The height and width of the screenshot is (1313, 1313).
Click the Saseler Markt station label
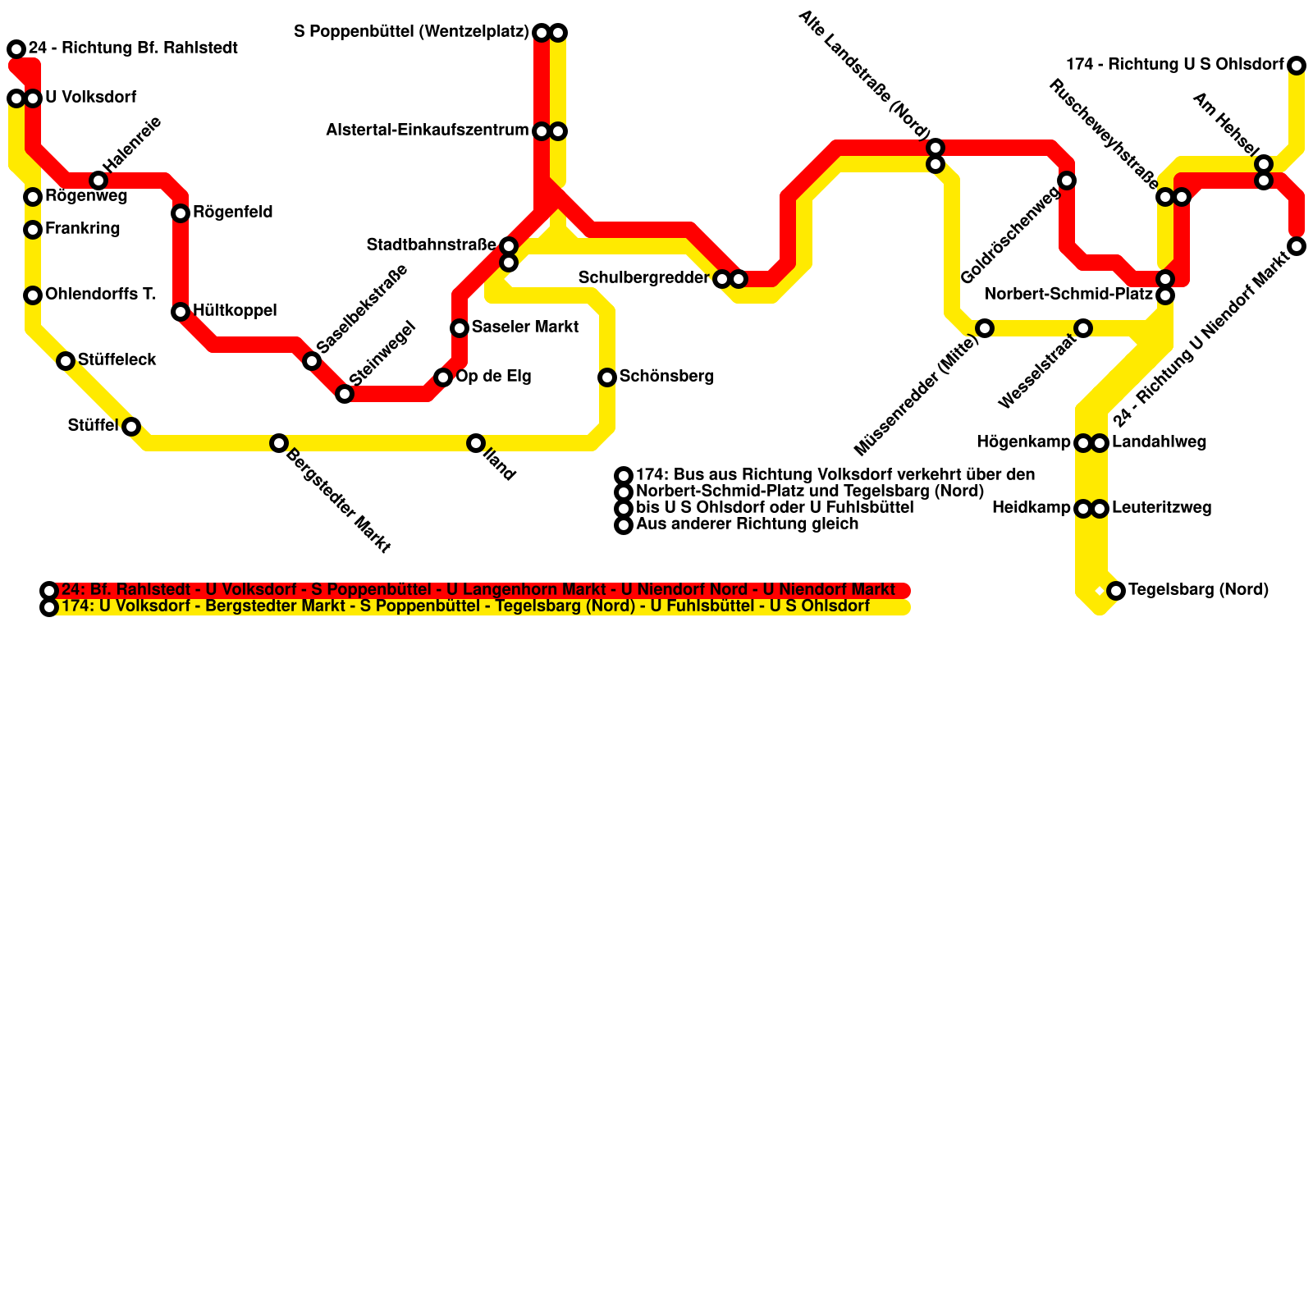click(x=524, y=327)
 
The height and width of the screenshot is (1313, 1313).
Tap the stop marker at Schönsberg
click(x=607, y=377)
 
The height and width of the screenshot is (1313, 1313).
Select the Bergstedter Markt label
click(x=337, y=500)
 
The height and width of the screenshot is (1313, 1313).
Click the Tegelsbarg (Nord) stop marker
click(x=1116, y=591)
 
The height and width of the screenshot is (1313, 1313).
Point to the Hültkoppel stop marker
click(x=181, y=312)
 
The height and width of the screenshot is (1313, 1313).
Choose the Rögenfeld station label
click(x=232, y=213)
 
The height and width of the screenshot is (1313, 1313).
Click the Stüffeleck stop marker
click(x=66, y=361)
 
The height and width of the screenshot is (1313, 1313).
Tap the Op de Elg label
click(x=493, y=377)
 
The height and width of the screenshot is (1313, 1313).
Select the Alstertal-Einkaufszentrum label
click(x=427, y=130)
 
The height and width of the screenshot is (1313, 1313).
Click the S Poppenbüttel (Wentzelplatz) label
click(x=411, y=32)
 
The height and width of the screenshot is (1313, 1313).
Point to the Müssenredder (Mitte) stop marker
click(x=985, y=328)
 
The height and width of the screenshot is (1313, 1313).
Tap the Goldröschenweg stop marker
click(x=1067, y=181)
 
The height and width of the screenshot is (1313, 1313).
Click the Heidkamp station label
click(x=1031, y=508)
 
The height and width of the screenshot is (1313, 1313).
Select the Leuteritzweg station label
click(x=1161, y=508)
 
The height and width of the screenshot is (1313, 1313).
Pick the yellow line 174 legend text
click(x=465, y=606)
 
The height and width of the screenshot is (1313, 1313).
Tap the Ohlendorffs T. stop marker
click(x=33, y=295)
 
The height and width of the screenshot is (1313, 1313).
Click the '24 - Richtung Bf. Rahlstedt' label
click(x=133, y=48)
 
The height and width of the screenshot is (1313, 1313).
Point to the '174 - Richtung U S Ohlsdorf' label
click(x=1174, y=65)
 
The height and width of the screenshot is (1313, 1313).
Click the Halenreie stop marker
click(x=98, y=181)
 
